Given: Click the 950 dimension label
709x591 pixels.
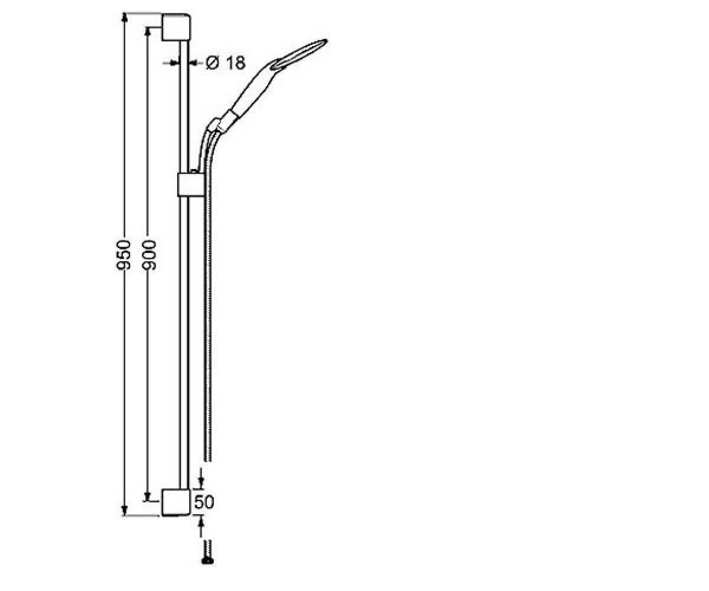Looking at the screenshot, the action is click(x=123, y=255).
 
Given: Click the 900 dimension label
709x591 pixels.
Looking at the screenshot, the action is click(x=149, y=255).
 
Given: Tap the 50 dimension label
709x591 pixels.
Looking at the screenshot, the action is click(x=204, y=502).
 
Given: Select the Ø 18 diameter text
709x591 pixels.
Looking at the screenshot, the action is click(x=226, y=63).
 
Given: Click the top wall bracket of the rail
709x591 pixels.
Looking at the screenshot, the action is click(x=176, y=27).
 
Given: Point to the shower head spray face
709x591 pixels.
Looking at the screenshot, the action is click(x=300, y=54).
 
